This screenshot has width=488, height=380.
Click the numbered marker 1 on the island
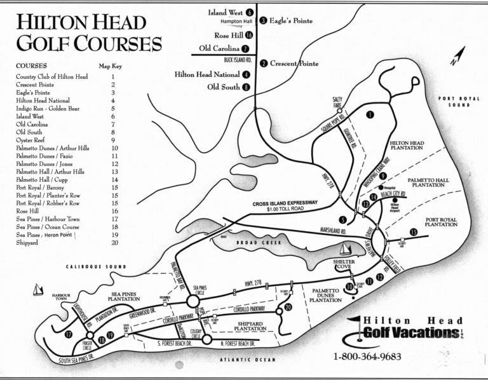[370, 114]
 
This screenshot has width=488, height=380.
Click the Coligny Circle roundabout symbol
[207, 339]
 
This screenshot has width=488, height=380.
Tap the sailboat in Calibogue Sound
[37, 290]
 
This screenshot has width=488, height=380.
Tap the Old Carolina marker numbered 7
[245, 48]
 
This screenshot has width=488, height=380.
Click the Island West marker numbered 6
[250, 12]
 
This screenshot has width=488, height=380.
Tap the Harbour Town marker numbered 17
[69, 335]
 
